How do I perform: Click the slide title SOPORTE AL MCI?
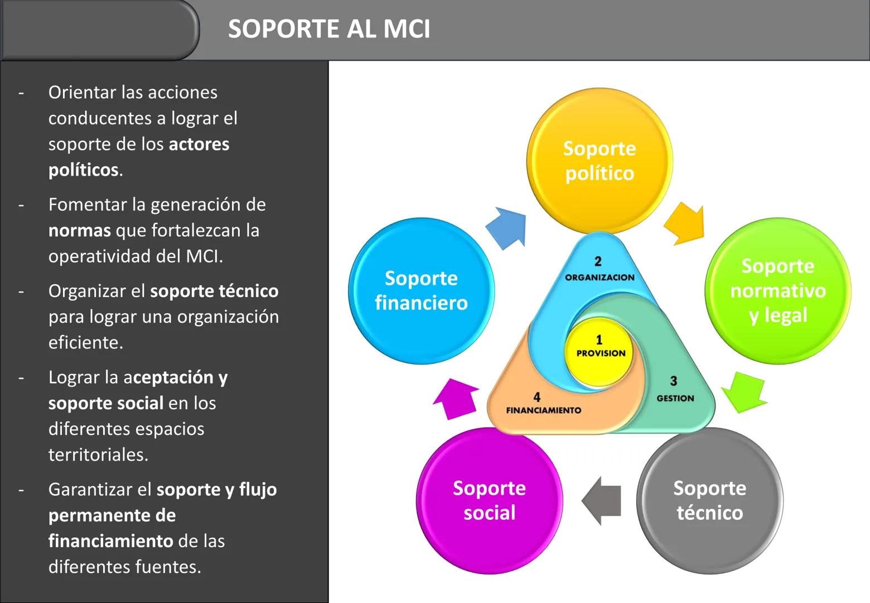click(x=329, y=29)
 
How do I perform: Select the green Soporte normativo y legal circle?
click(x=777, y=290)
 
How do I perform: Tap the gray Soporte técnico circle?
click(x=709, y=500)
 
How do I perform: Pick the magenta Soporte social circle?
click(x=489, y=500)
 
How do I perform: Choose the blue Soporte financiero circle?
click(x=421, y=290)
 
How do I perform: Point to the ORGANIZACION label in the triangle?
click(x=600, y=277)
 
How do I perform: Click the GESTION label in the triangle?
click(x=675, y=398)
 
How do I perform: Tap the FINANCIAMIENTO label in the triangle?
click(x=543, y=410)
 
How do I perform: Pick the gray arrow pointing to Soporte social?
click(x=602, y=501)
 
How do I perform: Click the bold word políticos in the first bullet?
click(x=84, y=170)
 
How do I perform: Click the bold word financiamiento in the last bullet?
click(x=110, y=541)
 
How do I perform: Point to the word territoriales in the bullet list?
click(x=98, y=455)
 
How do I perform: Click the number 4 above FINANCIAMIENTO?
click(x=536, y=397)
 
